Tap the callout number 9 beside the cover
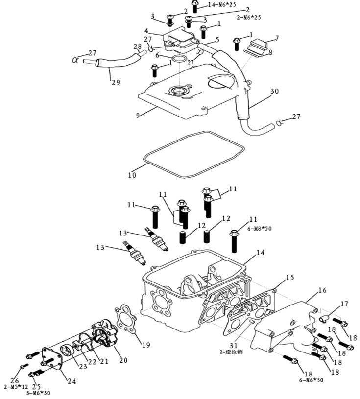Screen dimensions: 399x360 tap(139, 115)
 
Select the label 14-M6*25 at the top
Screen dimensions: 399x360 tap(221, 4)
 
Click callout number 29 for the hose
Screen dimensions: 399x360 tap(116, 83)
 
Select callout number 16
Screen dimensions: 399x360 tap(322, 290)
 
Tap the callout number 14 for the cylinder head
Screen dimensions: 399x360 tap(260, 253)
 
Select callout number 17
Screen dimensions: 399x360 tap(344, 304)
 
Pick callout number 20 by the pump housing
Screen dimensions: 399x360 tap(123, 360)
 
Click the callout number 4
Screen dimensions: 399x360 tap(146, 31)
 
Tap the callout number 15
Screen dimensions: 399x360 tap(290, 278)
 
